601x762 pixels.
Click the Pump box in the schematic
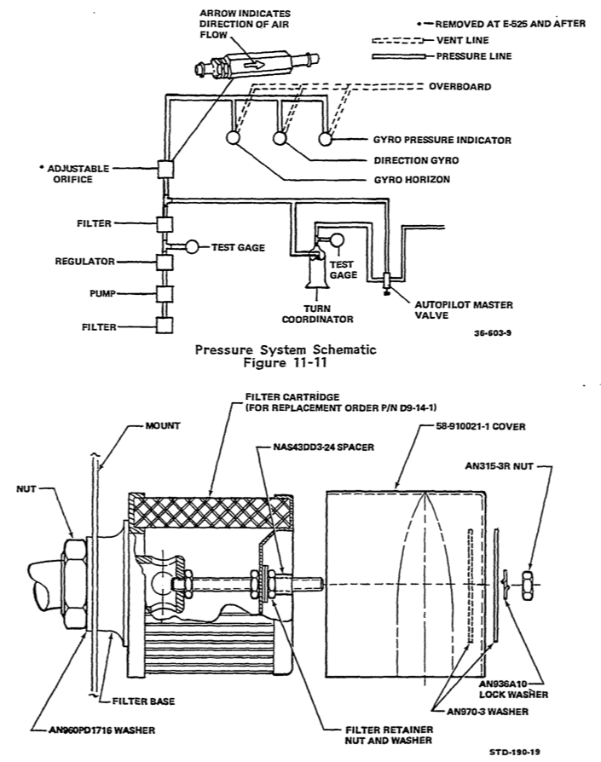[165, 294]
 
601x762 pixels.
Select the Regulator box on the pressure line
[165, 262]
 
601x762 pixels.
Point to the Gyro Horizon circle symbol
[232, 138]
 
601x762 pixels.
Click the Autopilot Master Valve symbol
[386, 281]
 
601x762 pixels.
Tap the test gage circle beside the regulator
[194, 247]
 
